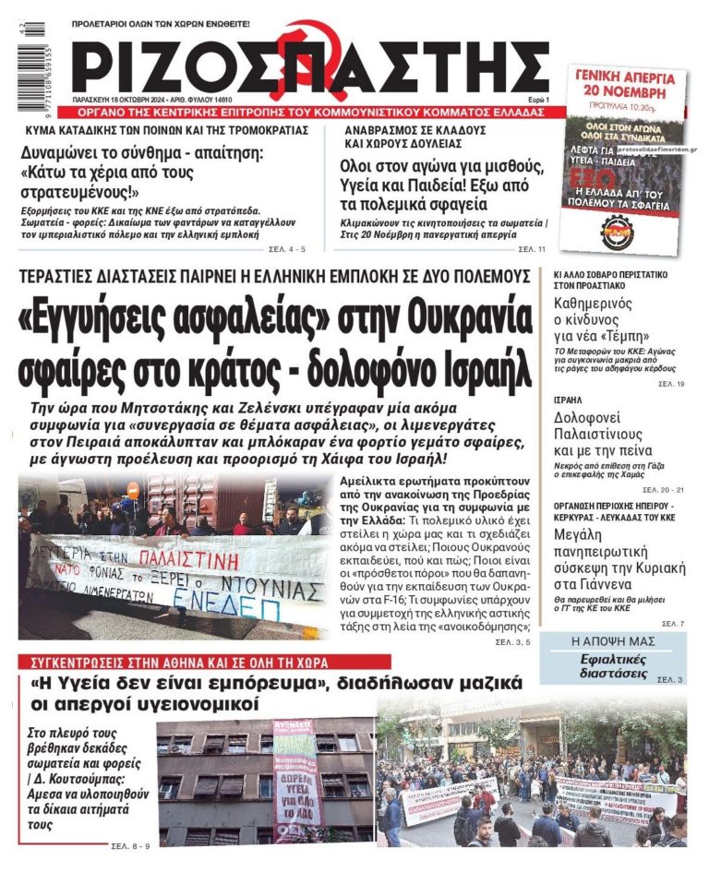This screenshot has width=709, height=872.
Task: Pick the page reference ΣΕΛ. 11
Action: tap(532, 249)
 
